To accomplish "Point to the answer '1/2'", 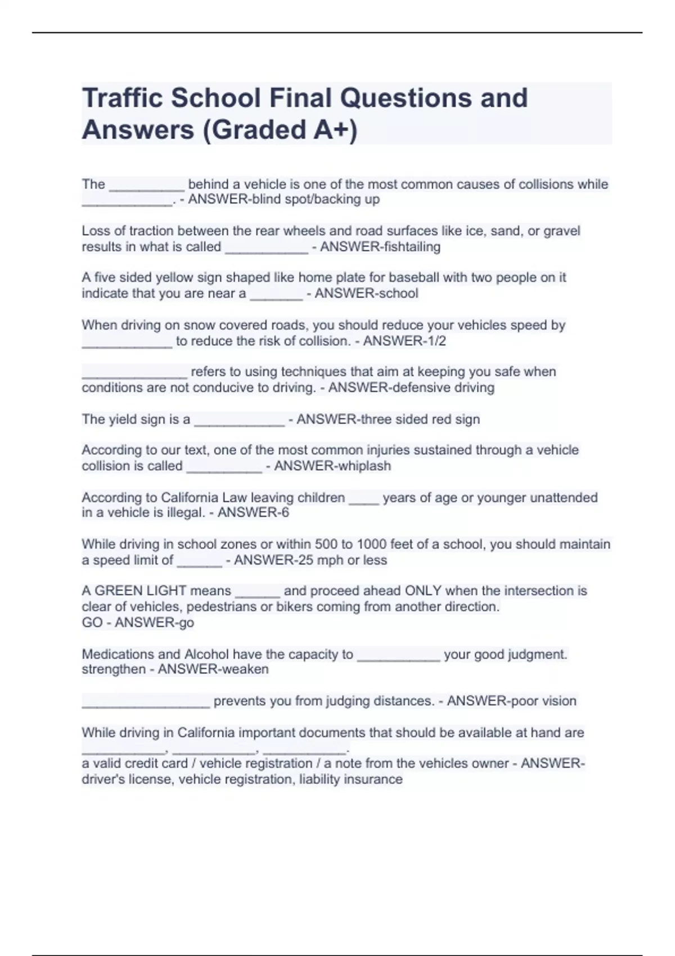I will pyautogui.click(x=435, y=341).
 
